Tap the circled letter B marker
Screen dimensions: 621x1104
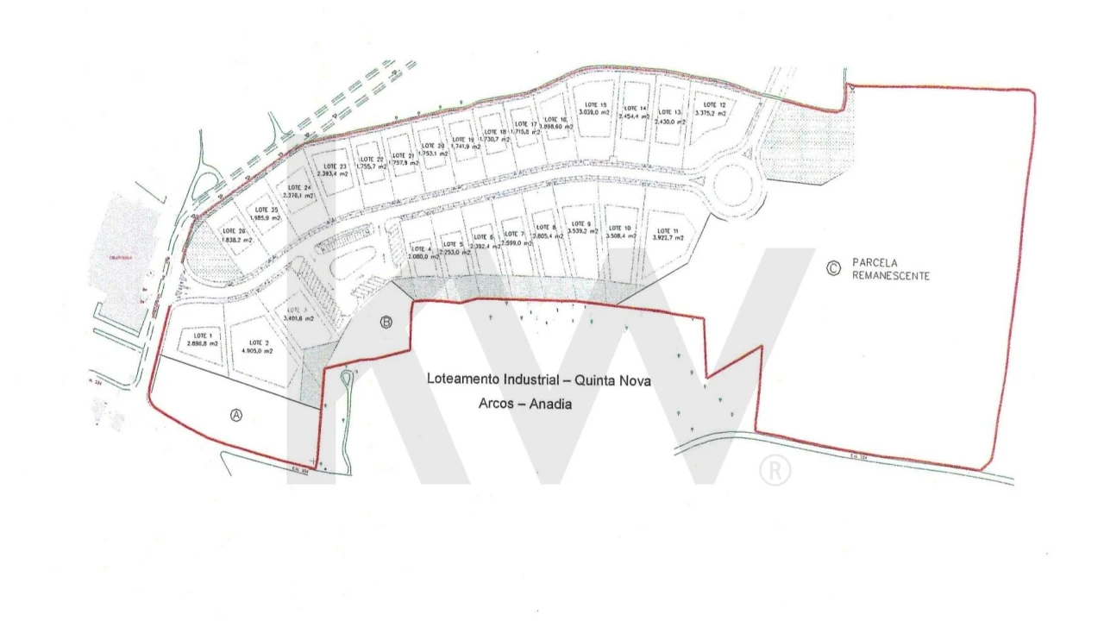click(386, 323)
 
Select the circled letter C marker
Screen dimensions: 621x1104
click(832, 268)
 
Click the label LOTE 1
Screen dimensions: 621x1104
click(203, 335)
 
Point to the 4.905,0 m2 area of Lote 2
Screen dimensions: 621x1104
click(255, 351)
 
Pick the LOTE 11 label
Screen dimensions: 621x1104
click(668, 230)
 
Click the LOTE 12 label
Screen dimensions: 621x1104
click(716, 104)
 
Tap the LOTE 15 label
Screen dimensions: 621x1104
click(596, 103)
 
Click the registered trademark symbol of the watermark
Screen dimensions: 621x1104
click(775, 470)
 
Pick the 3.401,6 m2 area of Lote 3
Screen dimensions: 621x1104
click(298, 318)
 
